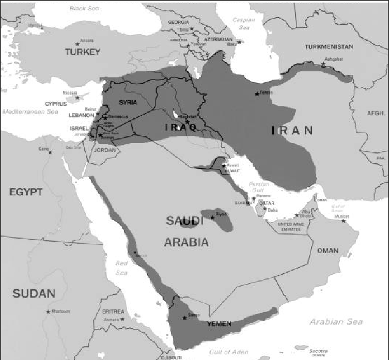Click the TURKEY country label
(x=83, y=52)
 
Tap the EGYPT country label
(x=25, y=192)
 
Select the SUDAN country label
(x=34, y=294)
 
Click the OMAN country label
(x=328, y=251)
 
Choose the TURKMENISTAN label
(x=329, y=46)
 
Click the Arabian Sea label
(x=336, y=322)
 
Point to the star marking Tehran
(x=257, y=94)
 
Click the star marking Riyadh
(x=212, y=217)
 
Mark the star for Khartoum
(x=48, y=311)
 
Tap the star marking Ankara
(x=77, y=44)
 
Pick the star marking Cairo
(x=50, y=152)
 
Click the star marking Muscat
(x=343, y=221)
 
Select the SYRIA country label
(x=128, y=102)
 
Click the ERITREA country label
(x=113, y=312)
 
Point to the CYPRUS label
(x=56, y=104)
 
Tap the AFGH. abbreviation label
(x=376, y=113)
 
